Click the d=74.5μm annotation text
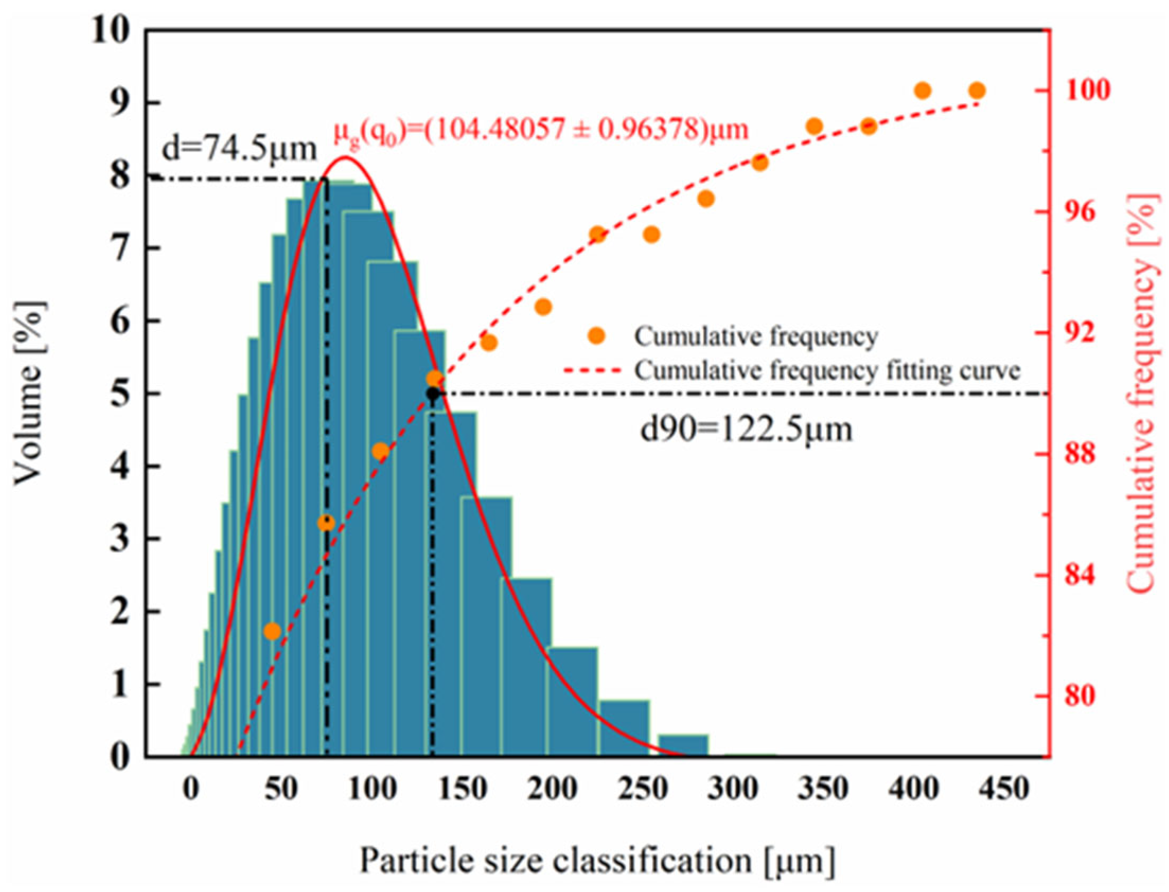point(239,150)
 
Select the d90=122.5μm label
point(746,429)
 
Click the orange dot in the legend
point(597,336)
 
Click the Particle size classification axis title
point(598,860)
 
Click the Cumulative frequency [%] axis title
point(1142,393)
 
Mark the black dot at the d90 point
point(433,394)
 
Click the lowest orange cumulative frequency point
point(272,631)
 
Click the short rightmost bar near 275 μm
point(683,744)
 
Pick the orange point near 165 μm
point(489,343)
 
